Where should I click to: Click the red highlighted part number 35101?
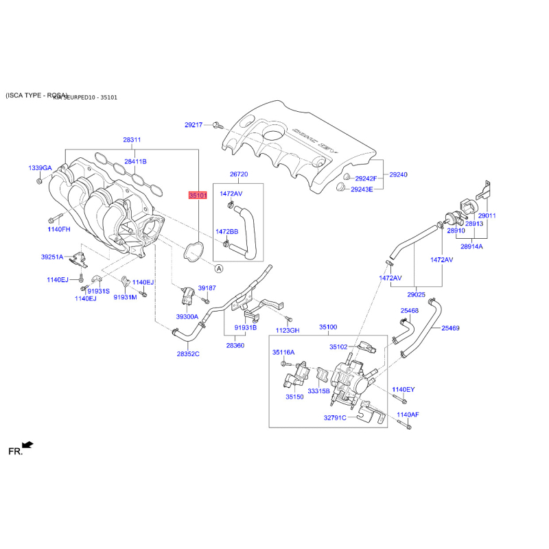198,196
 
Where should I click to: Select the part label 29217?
194,125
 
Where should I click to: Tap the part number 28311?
132,140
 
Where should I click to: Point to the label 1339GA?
40,168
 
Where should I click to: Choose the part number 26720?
238,175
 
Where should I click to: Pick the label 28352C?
187,353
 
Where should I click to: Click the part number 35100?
329,327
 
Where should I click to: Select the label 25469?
450,328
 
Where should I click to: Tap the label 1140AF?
408,415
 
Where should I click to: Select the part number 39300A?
187,317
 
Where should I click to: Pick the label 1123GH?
288,330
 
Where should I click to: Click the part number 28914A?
471,246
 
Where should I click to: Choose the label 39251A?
51,257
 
